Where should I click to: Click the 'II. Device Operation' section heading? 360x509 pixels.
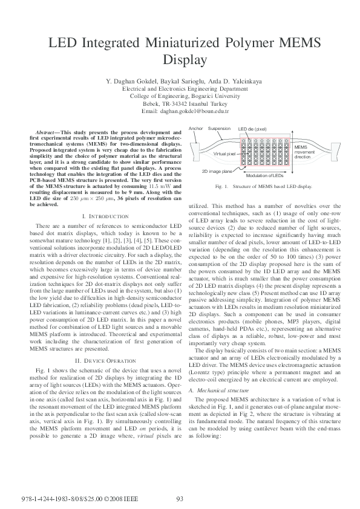105,343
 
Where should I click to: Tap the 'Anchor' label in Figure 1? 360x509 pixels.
196,129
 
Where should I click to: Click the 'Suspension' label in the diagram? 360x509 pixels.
219,129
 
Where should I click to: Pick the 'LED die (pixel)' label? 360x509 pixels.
252,129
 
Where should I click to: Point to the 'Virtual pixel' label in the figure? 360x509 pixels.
224,154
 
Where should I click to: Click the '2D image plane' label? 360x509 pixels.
216,171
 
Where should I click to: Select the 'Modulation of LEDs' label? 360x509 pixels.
264,175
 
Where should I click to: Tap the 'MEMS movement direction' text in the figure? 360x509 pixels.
304,152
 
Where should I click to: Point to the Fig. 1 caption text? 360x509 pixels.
263,187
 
